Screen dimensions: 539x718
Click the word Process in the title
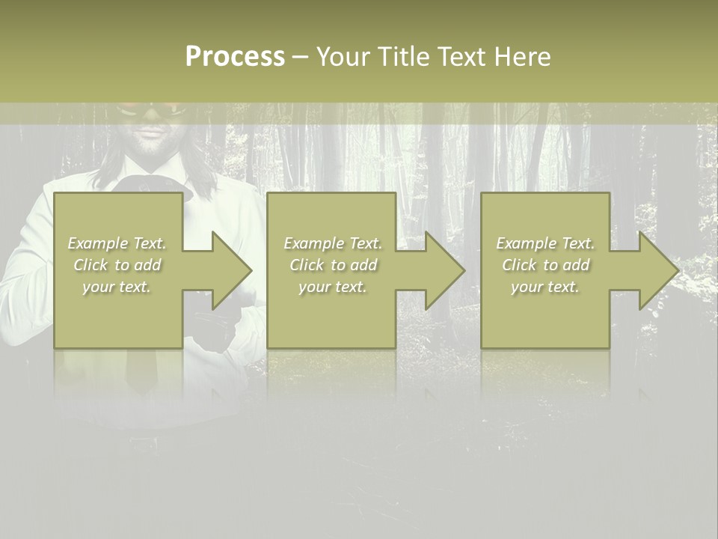[235, 57]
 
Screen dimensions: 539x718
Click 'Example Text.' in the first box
[117, 243]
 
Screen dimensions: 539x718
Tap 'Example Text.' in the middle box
[333, 243]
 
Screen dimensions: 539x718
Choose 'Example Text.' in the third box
[545, 243]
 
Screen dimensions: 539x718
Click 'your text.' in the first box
[117, 287]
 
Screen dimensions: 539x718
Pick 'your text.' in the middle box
[333, 287]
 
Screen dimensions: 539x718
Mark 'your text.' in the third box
[545, 287]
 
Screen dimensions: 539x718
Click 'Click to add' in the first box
[117, 265]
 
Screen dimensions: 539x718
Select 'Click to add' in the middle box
[333, 265]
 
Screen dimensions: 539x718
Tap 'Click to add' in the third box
[545, 265]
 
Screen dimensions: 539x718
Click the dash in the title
[300, 58]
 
